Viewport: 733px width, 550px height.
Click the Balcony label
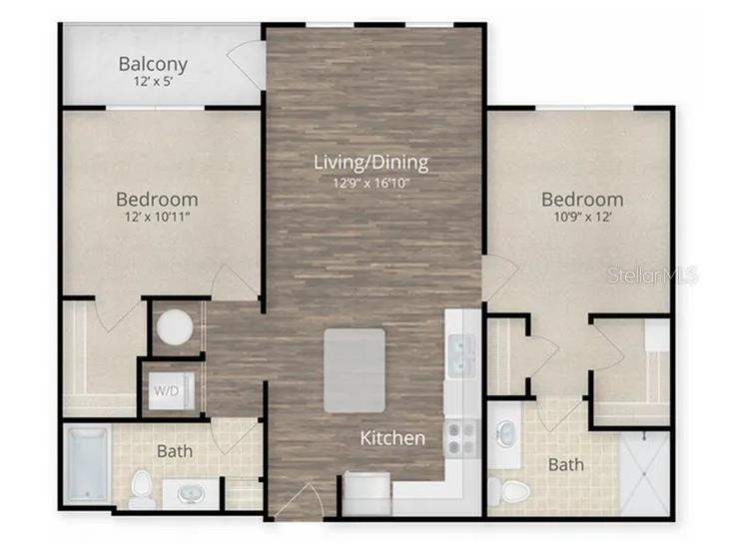coord(153,65)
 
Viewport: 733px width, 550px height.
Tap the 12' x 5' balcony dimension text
coord(153,83)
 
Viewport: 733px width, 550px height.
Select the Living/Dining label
coord(370,163)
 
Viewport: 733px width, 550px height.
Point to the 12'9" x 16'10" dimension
coord(370,182)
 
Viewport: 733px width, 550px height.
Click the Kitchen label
coord(392,438)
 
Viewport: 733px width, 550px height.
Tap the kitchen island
coord(354,370)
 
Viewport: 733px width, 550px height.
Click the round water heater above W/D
coord(176,327)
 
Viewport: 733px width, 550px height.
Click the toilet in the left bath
coord(141,487)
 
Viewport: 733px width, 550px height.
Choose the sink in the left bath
coord(189,492)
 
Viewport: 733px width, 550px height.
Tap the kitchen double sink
coord(461,353)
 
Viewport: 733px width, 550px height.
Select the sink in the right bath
coord(507,432)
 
